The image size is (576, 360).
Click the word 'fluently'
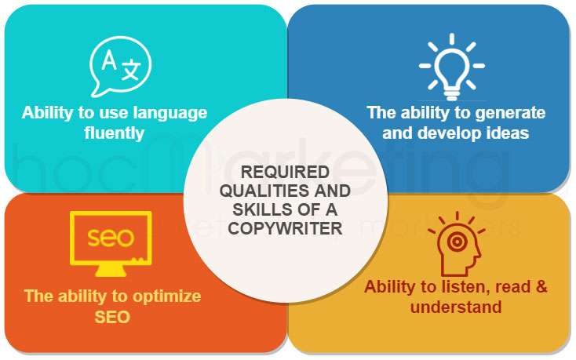pos(115,133)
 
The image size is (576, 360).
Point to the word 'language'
pos(166,112)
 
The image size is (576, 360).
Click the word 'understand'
pos(456,307)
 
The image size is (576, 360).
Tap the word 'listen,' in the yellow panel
pos(461,286)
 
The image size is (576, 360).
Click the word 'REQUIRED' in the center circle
pos(285,172)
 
